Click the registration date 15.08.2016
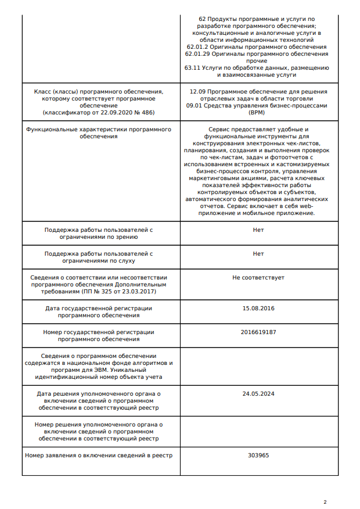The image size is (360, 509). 258,308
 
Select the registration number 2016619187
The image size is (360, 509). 258,332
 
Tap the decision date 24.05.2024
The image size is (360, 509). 258,393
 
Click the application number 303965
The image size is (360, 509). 258,455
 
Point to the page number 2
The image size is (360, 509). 325,502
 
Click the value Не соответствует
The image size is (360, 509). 258,277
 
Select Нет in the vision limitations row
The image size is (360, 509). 258,230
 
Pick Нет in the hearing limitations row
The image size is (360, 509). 258,253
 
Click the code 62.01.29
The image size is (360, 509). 197,53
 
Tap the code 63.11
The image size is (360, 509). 192,67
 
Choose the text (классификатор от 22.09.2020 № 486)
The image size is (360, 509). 99,112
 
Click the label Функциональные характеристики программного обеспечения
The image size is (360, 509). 99,132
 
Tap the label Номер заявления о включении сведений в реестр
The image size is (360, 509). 99,455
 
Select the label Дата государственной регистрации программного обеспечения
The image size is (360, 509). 99,311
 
